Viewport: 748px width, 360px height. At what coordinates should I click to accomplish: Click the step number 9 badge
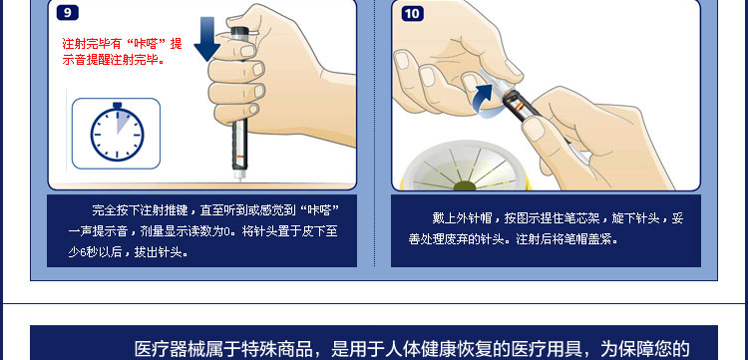coord(67,13)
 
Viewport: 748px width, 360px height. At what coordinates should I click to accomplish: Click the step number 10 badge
coord(412,13)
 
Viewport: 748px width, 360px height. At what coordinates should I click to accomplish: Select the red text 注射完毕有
coord(92,44)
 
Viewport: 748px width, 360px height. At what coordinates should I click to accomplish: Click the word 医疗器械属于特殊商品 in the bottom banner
coord(225,348)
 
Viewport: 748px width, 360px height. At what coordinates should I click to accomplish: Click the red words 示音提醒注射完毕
coord(112,60)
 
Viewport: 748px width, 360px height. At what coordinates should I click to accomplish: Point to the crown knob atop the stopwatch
coord(117,104)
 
